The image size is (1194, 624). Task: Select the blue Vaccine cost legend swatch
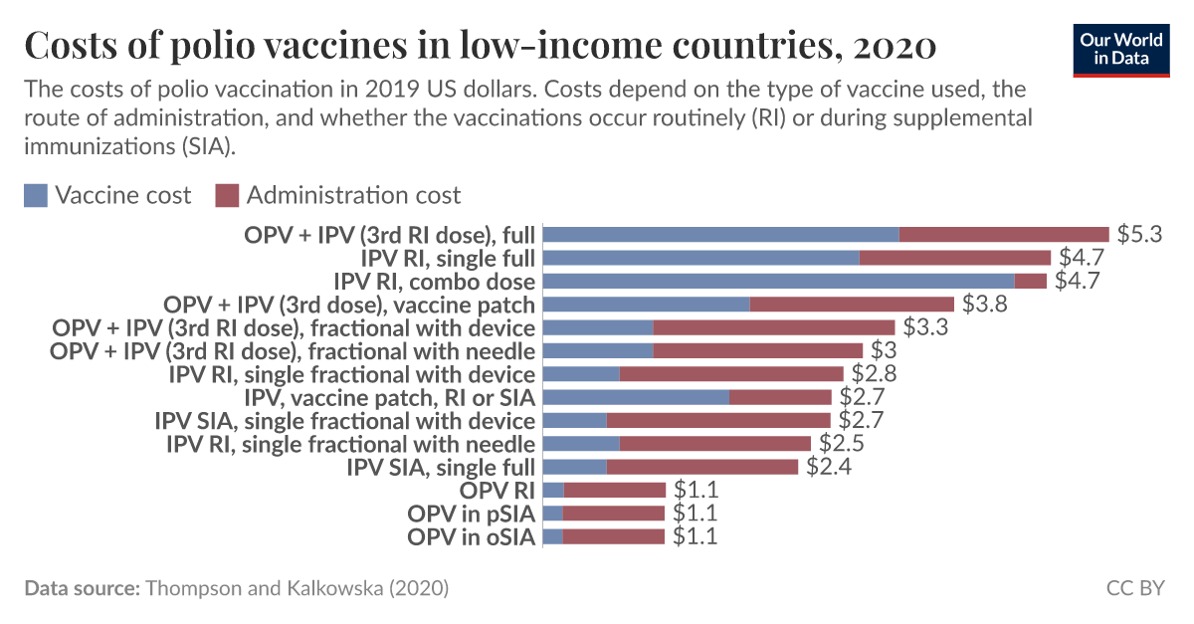pyautogui.click(x=36, y=195)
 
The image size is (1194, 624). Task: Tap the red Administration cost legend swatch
pyautogui.click(x=227, y=195)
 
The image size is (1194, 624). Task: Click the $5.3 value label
pyautogui.click(x=1139, y=235)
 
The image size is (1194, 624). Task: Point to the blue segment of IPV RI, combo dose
pyautogui.click(x=778, y=281)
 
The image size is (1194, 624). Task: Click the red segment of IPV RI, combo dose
pyautogui.click(x=1030, y=281)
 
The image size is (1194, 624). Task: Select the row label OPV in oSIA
pyautogui.click(x=471, y=537)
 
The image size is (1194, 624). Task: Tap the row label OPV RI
pyautogui.click(x=497, y=490)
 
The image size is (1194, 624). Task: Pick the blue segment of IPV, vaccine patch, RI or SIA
pyautogui.click(x=636, y=397)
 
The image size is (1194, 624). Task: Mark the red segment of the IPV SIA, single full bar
pyautogui.click(x=701, y=467)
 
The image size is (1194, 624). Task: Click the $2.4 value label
pyautogui.click(x=828, y=467)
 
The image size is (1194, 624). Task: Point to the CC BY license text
pyautogui.click(x=1134, y=588)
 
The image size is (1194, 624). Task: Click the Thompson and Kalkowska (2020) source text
pyautogui.click(x=297, y=588)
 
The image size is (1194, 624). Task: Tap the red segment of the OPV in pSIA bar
pyautogui.click(x=613, y=514)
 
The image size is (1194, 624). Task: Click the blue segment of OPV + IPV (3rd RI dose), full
pyautogui.click(x=720, y=235)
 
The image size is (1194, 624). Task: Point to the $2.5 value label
pyautogui.click(x=841, y=444)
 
